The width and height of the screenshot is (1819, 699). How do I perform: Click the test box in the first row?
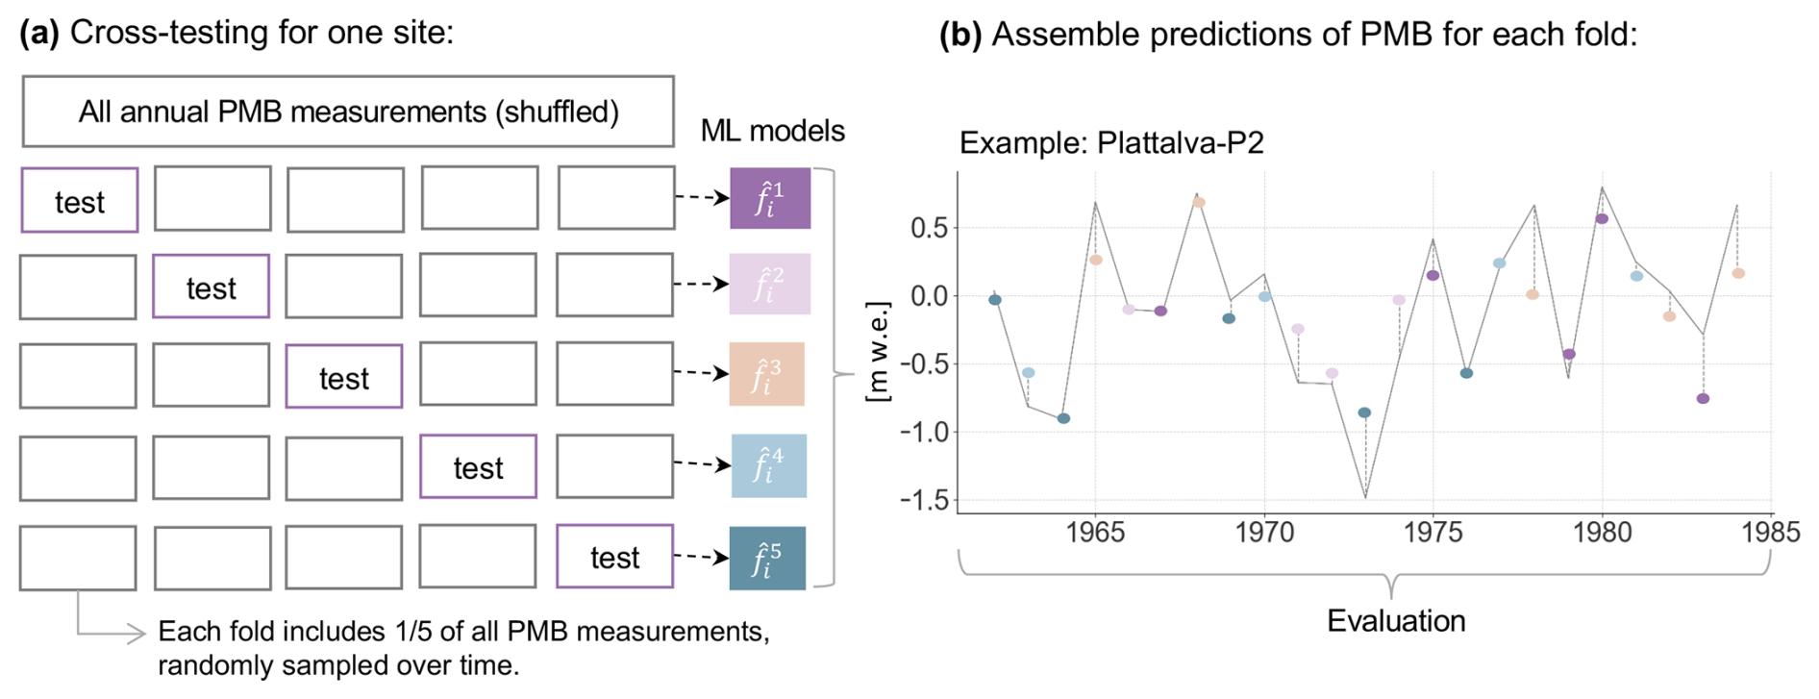click(80, 200)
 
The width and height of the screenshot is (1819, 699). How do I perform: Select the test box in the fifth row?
click(614, 557)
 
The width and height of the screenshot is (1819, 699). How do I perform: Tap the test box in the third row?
click(344, 377)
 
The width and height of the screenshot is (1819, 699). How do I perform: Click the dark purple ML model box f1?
click(769, 198)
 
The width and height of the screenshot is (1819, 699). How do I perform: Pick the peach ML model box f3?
click(766, 374)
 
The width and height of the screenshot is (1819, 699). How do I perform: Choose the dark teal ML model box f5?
click(766, 558)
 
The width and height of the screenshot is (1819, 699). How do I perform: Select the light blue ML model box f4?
click(768, 465)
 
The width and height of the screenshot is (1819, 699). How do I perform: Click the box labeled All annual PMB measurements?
click(348, 112)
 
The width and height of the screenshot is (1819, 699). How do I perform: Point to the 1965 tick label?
click(1095, 532)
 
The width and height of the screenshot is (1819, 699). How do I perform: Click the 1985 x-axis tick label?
click(1771, 532)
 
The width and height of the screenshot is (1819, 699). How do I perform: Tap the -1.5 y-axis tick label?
click(923, 500)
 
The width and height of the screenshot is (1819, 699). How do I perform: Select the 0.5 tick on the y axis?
click(929, 228)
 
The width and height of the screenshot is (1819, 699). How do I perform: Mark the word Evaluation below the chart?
click(1396, 621)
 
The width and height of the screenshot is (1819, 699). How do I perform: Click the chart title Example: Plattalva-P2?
click(1111, 142)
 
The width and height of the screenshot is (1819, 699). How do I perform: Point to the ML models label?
click(772, 131)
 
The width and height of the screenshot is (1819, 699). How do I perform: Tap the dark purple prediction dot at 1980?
click(1602, 219)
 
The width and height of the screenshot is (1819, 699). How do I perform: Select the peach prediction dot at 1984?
click(1738, 274)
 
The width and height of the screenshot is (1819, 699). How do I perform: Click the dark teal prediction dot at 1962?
click(995, 300)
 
